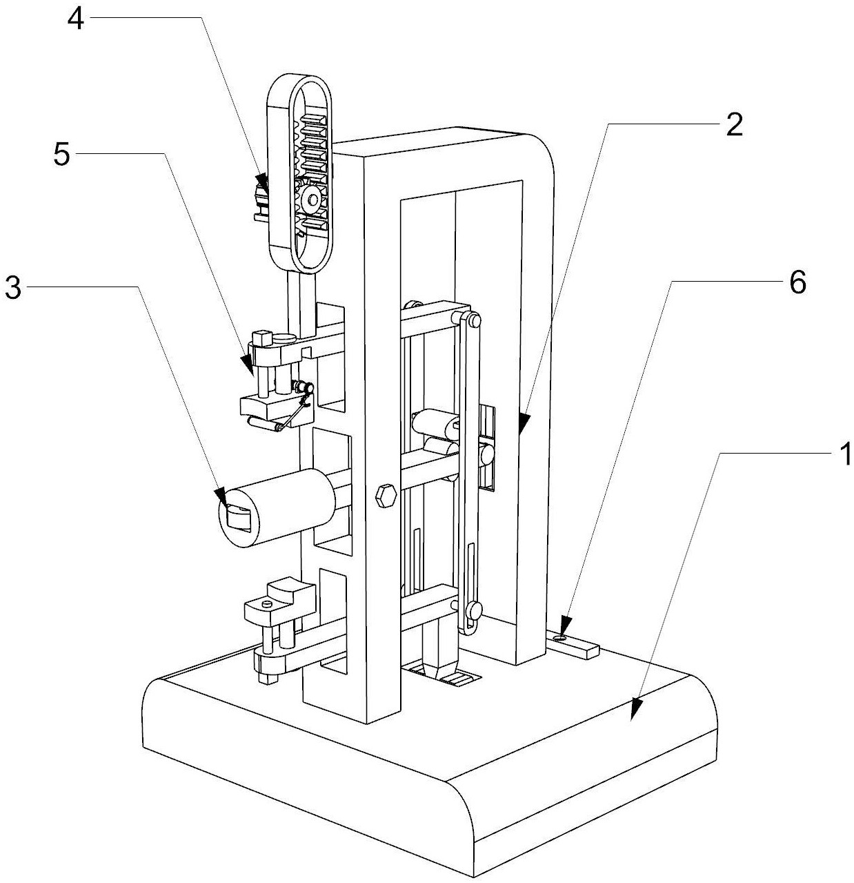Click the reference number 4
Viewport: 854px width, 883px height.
76,20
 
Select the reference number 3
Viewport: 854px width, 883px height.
13,288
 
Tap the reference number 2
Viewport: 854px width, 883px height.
734,125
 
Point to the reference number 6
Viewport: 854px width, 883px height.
797,282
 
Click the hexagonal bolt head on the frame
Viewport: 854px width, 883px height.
386,496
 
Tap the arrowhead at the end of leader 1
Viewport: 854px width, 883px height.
636,710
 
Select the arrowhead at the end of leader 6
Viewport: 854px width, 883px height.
564,623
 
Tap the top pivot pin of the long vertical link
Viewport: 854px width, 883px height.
475,320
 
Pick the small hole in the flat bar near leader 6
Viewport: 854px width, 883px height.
561,637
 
